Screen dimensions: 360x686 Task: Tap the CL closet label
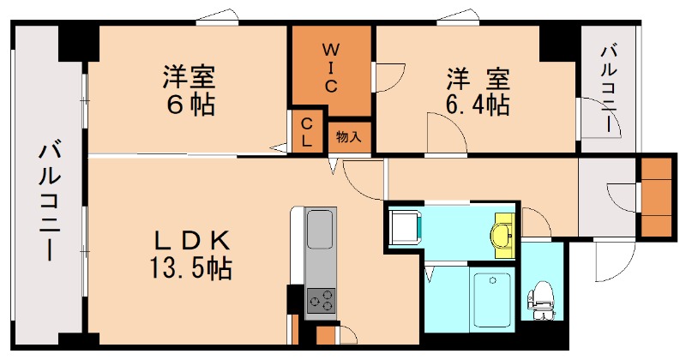point(306,132)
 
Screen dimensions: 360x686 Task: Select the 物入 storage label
point(348,136)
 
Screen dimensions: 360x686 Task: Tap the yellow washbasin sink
point(502,232)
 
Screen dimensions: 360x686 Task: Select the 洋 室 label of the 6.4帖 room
point(478,78)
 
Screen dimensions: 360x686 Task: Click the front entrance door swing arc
point(615,256)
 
